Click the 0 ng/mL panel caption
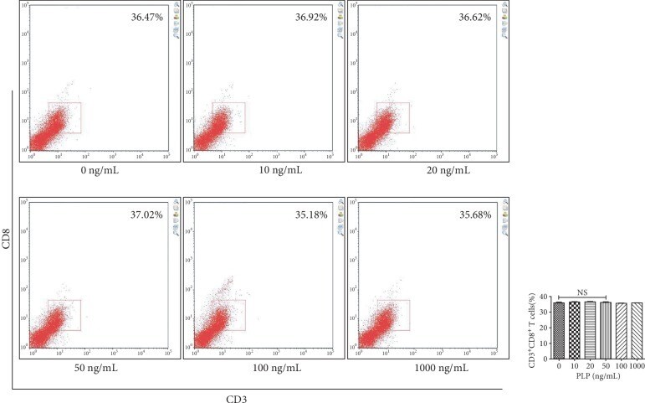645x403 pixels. [x=100, y=170]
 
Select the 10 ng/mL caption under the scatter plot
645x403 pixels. [x=264, y=170]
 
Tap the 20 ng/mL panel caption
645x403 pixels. [x=427, y=170]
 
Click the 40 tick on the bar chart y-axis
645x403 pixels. [x=545, y=297]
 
